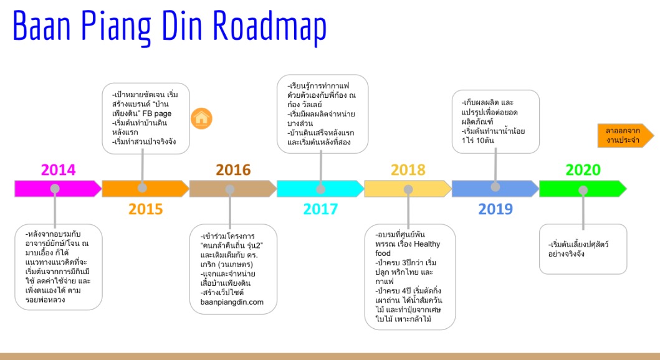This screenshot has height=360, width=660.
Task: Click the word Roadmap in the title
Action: click(x=269, y=26)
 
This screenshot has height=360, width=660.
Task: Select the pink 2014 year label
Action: click(x=58, y=170)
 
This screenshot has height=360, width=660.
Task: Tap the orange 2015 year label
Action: click(x=146, y=209)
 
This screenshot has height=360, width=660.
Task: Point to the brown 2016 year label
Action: click(x=233, y=170)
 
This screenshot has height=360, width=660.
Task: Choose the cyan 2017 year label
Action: click(x=321, y=209)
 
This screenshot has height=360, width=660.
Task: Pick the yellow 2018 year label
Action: click(x=408, y=170)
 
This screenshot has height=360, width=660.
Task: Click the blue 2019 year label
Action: click(x=495, y=209)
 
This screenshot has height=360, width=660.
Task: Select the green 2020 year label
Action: click(x=583, y=170)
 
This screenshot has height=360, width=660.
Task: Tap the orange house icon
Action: click(x=202, y=118)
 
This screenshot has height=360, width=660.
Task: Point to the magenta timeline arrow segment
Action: click(x=58, y=189)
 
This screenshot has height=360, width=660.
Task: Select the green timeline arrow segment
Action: click(x=583, y=189)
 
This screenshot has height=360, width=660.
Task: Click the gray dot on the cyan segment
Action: click(x=321, y=189)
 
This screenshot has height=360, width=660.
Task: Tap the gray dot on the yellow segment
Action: click(x=408, y=189)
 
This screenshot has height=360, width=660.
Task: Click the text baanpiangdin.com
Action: click(x=232, y=302)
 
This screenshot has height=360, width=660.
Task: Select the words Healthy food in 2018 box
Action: click(x=408, y=249)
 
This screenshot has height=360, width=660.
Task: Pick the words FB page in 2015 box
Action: click(x=157, y=113)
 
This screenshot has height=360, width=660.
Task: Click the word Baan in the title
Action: click(x=42, y=26)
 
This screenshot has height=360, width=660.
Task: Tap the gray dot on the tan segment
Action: click(x=230, y=189)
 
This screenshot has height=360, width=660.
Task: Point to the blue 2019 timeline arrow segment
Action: click(x=495, y=189)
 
